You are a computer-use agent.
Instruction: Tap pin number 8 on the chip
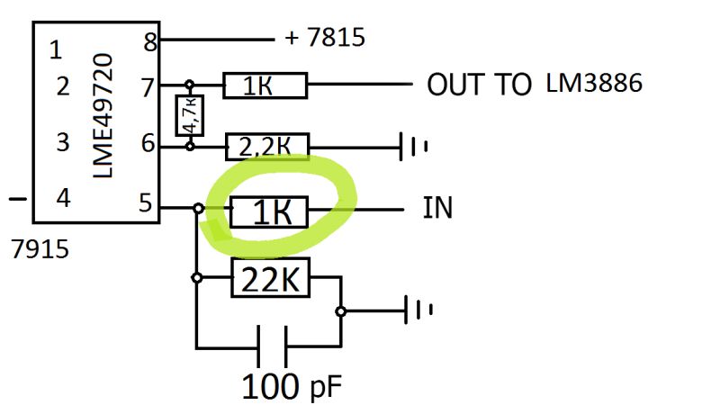[149, 41]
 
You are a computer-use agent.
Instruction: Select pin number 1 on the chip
[56, 50]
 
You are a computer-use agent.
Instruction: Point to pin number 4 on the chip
[62, 198]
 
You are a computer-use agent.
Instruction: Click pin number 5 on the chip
[146, 204]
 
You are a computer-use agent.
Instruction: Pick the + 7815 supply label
[325, 39]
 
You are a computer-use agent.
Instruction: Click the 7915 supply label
[39, 248]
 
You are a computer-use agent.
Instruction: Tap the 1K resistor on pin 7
[265, 86]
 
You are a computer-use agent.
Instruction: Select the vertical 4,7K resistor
[189, 115]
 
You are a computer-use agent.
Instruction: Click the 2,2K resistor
[266, 145]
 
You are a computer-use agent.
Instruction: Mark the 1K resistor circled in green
[269, 212]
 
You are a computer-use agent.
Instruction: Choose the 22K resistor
[270, 280]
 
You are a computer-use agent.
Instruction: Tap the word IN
[437, 210]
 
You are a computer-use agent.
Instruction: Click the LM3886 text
[594, 84]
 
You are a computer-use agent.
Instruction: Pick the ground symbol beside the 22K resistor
[418, 310]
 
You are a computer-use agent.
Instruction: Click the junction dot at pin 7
[189, 85]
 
